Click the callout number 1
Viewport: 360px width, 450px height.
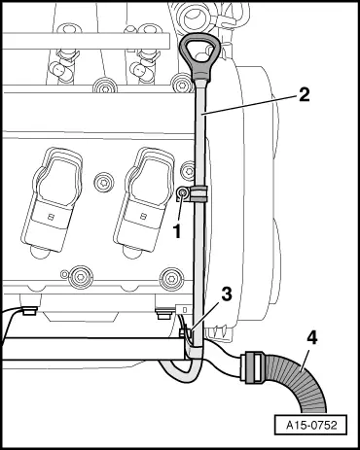click(177, 231)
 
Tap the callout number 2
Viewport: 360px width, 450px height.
click(304, 94)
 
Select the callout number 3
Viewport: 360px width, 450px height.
click(227, 294)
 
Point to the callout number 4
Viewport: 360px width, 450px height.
click(311, 338)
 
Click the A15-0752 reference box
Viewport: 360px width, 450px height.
click(310, 425)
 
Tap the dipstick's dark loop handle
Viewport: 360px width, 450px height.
click(198, 55)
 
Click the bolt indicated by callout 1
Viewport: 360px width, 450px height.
click(183, 193)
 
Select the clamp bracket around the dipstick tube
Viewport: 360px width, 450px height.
click(198, 193)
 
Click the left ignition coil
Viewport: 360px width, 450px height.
click(52, 200)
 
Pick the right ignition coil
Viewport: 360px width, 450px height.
click(144, 200)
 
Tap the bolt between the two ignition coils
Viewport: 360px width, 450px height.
click(104, 182)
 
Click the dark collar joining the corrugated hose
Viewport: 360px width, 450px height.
click(252, 367)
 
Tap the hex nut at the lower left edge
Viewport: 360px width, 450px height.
click(28, 312)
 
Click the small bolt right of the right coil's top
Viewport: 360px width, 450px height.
click(188, 170)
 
